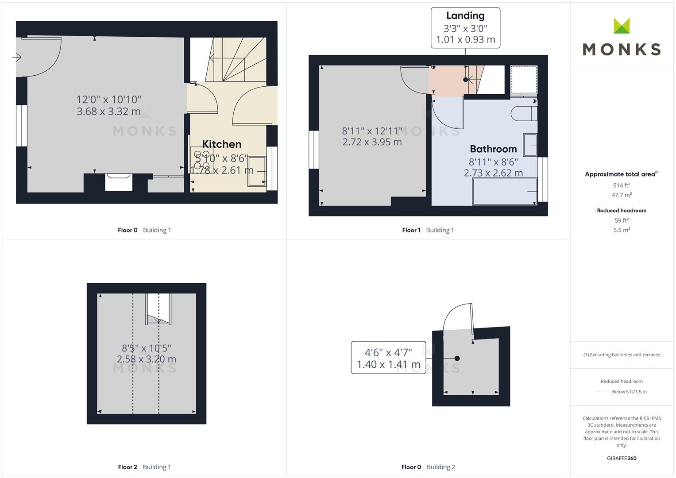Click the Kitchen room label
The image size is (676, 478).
coord(221,144)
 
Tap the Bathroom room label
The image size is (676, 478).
coord(493,149)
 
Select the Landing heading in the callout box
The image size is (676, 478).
coord(465,15)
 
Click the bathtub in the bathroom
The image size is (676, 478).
coord(505,192)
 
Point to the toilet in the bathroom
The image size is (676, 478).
coord(524,113)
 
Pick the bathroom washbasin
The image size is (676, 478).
coord(530,145)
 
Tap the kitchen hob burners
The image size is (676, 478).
coord(201,160)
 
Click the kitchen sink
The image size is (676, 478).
coord(256,171)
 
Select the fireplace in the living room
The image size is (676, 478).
coord(119,182)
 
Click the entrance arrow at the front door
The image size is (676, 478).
coord(16,57)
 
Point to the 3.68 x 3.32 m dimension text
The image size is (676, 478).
coord(108,112)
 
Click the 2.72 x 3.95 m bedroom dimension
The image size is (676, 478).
coord(372,142)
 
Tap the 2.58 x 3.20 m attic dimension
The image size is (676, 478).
coord(147,359)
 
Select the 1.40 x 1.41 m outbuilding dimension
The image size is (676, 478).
coord(388,365)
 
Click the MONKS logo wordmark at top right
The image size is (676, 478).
coord(622,50)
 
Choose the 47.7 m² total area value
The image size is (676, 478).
coord(622,195)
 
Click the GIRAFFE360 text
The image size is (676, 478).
coord(622,459)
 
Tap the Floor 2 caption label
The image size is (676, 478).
coord(127,467)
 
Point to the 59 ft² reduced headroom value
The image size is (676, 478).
coord(622,220)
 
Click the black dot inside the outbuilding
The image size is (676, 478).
coord(457,358)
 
